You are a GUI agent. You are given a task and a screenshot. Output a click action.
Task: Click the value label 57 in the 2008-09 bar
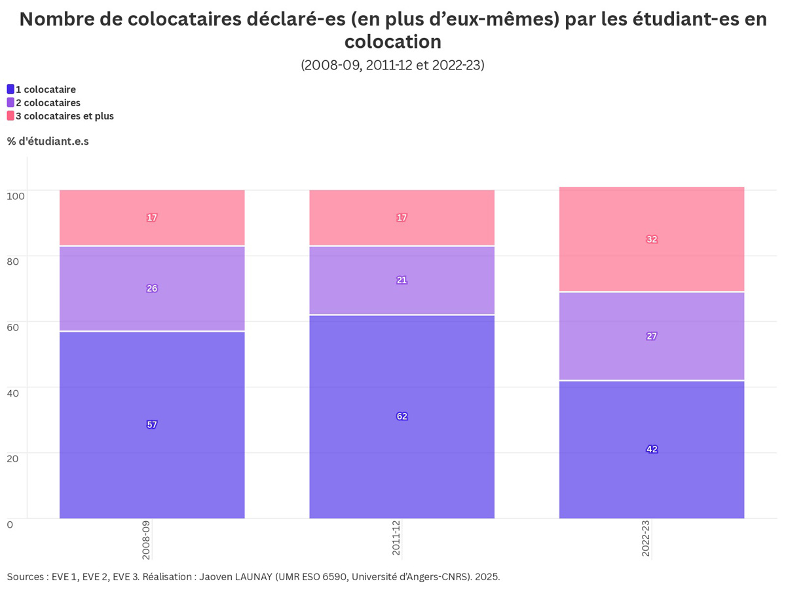[152, 425]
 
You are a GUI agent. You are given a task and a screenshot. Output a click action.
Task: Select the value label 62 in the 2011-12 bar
[402, 416]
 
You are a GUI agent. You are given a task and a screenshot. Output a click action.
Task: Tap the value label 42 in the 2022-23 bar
[652, 449]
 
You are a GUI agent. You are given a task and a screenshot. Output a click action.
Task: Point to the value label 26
[152, 288]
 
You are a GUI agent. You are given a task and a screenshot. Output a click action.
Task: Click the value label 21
[402, 280]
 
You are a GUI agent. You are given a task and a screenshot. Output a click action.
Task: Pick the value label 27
[652, 336]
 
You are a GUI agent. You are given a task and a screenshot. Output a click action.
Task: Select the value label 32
[652, 239]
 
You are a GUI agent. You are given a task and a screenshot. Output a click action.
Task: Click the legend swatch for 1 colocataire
[10, 89]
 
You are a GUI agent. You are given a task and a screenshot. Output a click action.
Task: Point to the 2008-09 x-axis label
[146, 540]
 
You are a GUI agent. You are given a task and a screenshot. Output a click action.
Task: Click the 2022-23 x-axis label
[646, 540]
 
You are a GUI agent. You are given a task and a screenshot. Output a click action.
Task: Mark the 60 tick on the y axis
[14, 326]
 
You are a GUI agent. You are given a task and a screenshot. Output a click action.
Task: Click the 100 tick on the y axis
[16, 195]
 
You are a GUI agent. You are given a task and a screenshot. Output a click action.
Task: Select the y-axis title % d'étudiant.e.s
[48, 142]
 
